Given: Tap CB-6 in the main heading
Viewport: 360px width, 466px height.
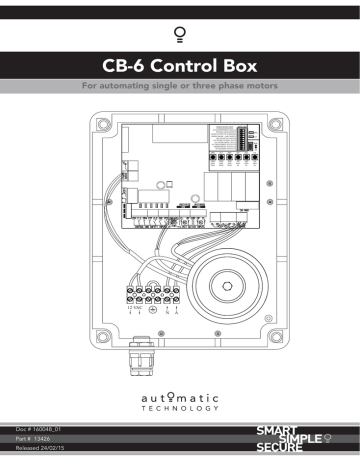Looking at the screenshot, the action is (123, 68).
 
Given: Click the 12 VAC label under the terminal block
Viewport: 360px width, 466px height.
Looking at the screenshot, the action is (134, 310).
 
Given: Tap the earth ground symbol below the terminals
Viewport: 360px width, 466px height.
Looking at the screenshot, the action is (151, 311).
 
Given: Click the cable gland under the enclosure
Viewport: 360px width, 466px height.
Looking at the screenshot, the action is (140, 355).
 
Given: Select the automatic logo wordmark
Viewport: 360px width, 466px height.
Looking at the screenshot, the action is (180, 394).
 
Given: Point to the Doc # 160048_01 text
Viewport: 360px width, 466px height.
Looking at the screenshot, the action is (38, 427).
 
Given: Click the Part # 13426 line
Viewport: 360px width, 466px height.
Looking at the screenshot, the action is (33, 438).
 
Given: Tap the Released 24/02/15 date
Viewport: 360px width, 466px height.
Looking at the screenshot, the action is (42, 449).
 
